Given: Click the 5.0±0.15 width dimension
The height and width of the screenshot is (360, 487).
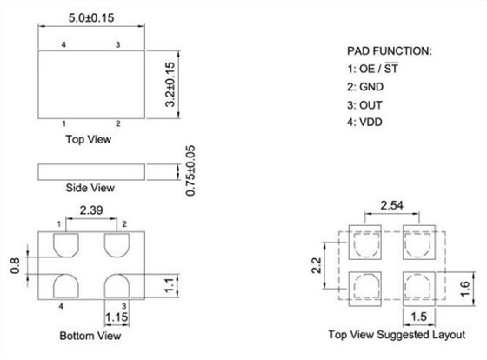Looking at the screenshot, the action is click(x=91, y=17).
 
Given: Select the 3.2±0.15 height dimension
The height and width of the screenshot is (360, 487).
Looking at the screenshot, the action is click(x=170, y=84).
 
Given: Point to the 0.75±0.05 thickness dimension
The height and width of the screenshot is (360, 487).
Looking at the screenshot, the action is click(x=190, y=170).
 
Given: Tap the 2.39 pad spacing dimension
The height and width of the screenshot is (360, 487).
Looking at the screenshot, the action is click(x=91, y=210).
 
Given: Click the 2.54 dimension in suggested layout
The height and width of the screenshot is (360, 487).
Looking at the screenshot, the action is click(x=391, y=205).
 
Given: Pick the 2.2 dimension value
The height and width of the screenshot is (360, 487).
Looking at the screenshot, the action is click(x=317, y=265).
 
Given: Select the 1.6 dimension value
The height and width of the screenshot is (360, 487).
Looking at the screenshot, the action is click(x=465, y=289).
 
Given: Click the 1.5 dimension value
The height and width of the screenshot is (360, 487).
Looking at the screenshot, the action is click(x=418, y=317).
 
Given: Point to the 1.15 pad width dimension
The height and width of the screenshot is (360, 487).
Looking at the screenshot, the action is click(x=117, y=317).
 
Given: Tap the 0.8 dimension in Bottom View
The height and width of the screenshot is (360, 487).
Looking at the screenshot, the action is click(x=15, y=265).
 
